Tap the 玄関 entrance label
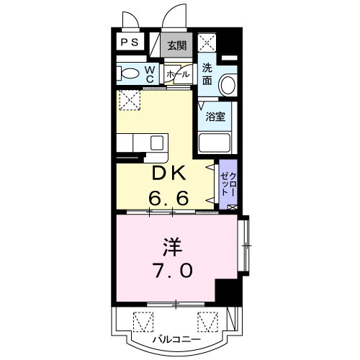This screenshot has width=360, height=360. (x=177, y=45)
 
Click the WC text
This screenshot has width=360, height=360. (x=150, y=74)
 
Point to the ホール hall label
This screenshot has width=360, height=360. (x=178, y=74)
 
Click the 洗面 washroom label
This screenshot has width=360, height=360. (x=207, y=74)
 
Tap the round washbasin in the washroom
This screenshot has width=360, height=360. (x=228, y=85)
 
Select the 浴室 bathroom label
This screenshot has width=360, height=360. (x=215, y=117)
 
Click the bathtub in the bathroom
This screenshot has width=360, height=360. (x=215, y=143)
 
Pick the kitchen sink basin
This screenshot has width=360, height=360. (x=157, y=143)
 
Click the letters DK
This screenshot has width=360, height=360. (x=169, y=173)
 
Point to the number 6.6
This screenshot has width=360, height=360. (x=168, y=198)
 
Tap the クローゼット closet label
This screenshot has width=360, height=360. (x=228, y=184)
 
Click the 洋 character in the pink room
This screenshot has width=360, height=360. (x=172, y=247)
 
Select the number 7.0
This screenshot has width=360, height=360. (x=174, y=270)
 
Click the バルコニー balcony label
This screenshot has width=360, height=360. (x=177, y=340)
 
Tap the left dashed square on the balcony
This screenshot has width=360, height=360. (x=143, y=322)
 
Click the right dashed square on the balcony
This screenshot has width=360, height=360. (x=208, y=322)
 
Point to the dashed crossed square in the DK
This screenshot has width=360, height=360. (x=130, y=100)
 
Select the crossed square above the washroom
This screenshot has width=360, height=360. (x=207, y=42)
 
